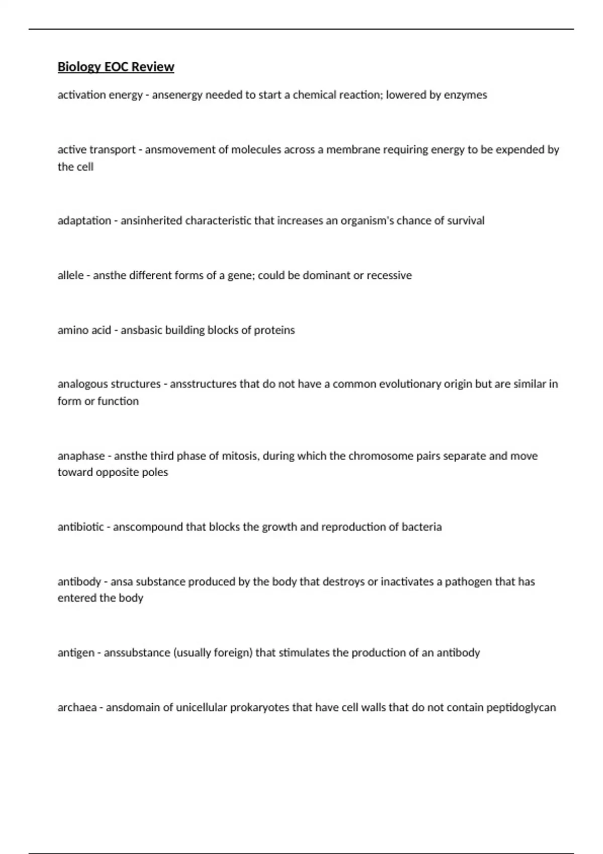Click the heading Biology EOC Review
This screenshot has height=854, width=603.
116,67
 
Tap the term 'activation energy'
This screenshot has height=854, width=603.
100,95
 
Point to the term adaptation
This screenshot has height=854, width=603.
84,221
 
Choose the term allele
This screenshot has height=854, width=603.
70,275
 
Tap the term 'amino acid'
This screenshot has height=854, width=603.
84,330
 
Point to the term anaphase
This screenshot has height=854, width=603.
81,456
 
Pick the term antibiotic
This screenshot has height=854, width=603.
80,527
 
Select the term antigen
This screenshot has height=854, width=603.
76,653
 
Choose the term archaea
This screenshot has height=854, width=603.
77,708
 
